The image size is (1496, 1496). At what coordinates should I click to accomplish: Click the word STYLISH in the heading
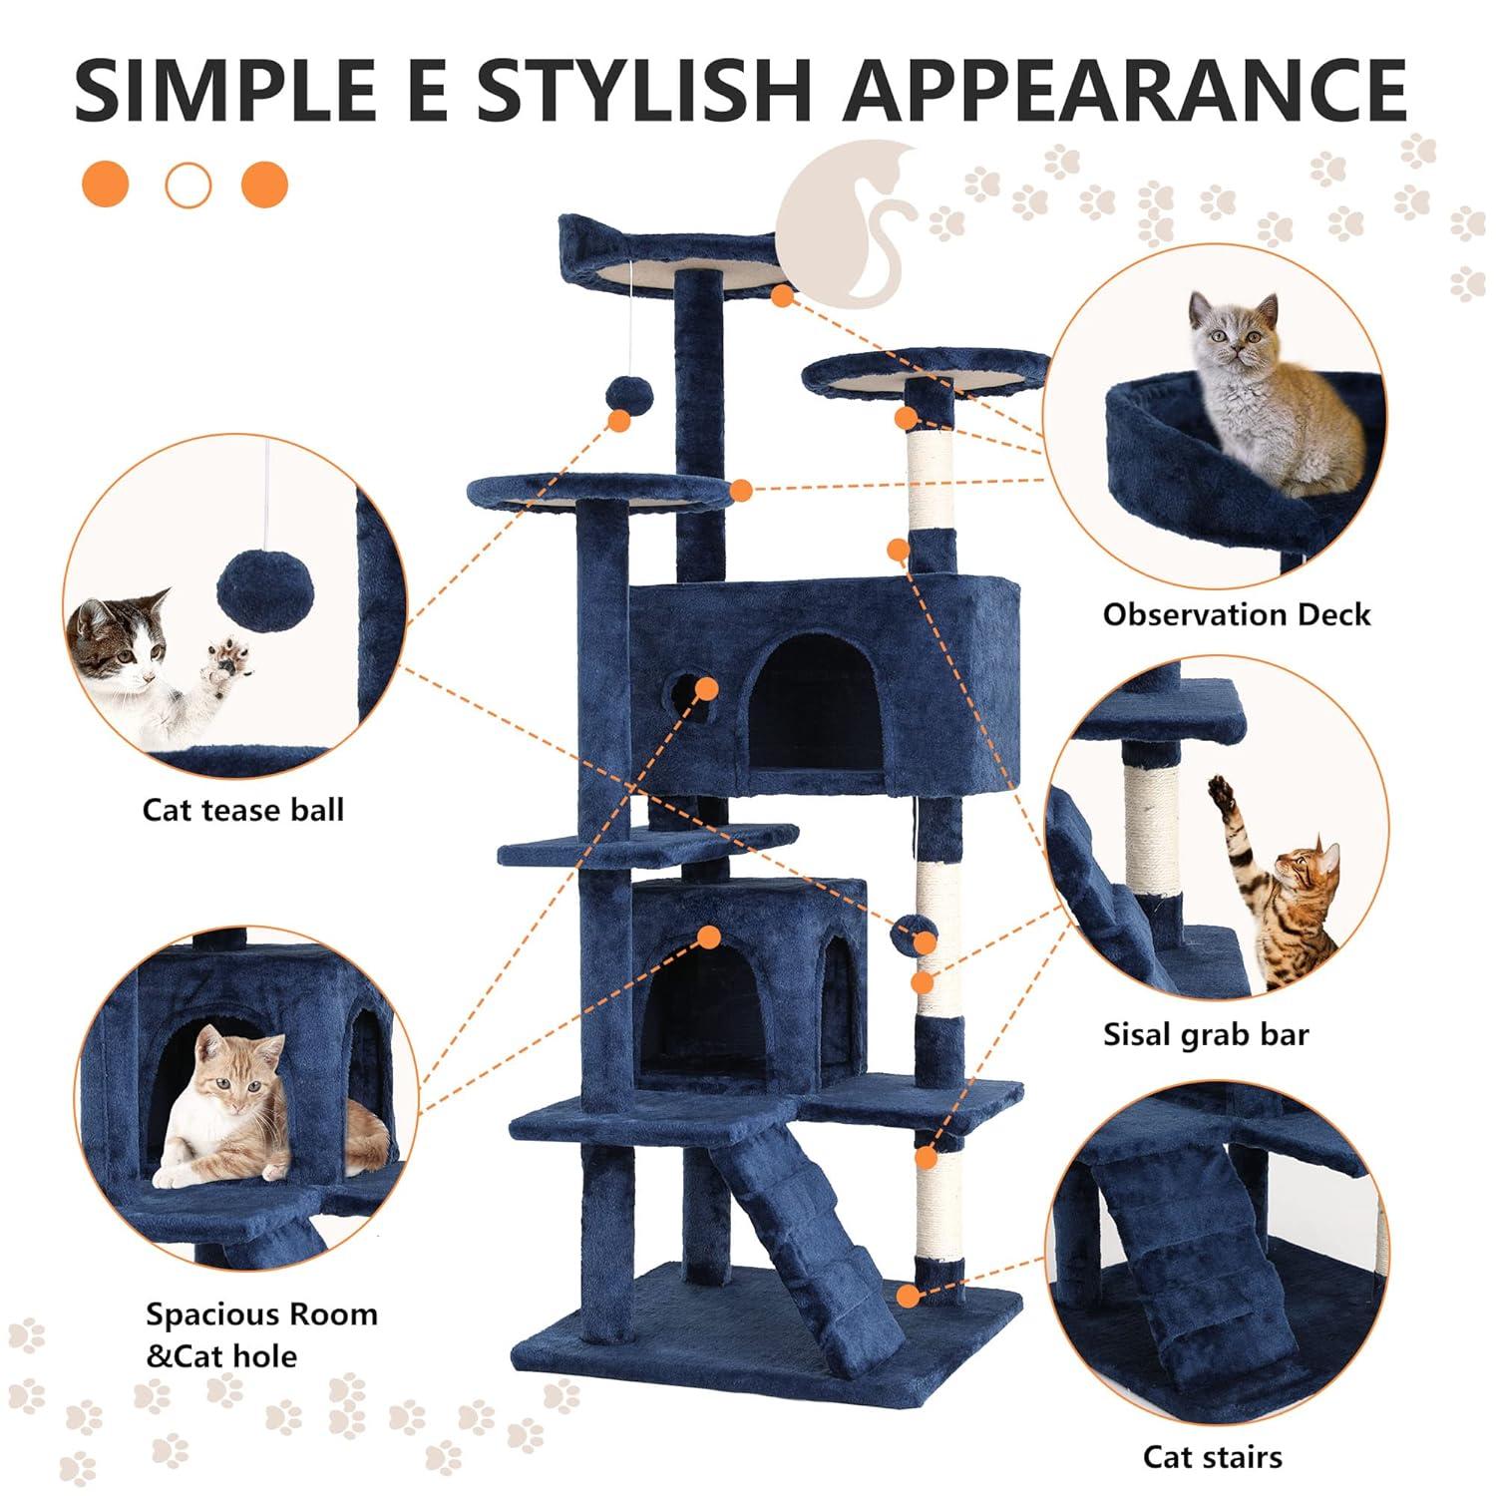click(x=643, y=89)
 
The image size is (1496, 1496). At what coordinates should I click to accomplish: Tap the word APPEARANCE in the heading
click(x=1124, y=89)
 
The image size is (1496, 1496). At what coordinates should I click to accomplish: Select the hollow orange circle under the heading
click(x=187, y=185)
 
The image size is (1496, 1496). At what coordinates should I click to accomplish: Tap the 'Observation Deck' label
click(x=1236, y=614)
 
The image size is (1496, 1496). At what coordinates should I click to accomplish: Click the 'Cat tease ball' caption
click(x=242, y=809)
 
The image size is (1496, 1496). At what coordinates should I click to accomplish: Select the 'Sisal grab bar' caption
click(x=1205, y=1034)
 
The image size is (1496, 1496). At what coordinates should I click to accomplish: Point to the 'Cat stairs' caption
click(x=1212, y=1456)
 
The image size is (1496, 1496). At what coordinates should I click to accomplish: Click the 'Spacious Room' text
click(x=261, y=1313)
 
